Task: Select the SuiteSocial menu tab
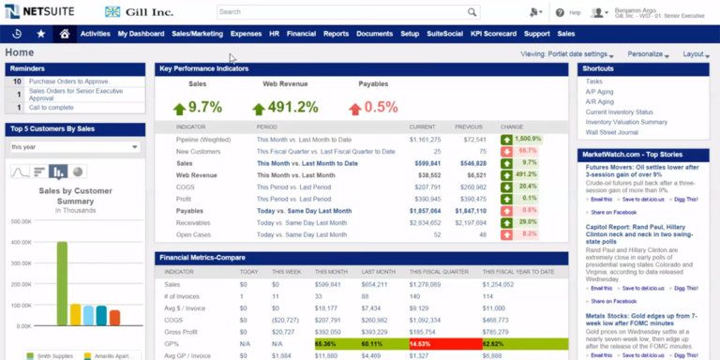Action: (x=444, y=34)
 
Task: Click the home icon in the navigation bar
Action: (x=65, y=34)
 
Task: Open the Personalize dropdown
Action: (x=647, y=54)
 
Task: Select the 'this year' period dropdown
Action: (x=75, y=147)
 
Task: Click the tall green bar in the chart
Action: (x=62, y=282)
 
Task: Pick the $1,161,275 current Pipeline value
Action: (x=425, y=139)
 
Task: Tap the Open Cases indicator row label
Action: (x=193, y=233)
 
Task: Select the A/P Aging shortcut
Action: (x=600, y=92)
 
